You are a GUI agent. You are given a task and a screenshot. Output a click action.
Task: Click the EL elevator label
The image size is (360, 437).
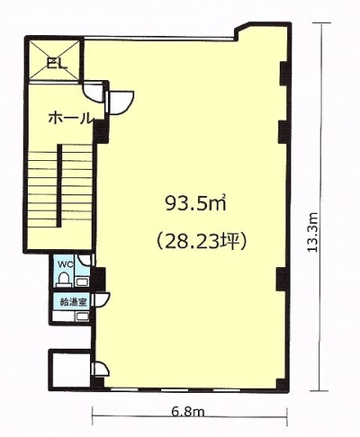pos(57,64)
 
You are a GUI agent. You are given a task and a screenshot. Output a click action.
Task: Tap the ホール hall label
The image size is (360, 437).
pos(69,118)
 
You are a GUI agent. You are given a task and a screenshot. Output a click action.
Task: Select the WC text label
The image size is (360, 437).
pos(65,264)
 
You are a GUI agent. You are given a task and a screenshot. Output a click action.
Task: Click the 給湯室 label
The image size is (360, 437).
pos(73,302)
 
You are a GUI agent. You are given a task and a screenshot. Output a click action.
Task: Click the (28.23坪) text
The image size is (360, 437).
pos(202,241)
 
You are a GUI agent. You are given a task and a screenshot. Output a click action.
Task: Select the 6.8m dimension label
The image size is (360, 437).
pos(188,413)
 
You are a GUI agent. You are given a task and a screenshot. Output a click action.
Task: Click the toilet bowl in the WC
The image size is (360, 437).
pos(63,280)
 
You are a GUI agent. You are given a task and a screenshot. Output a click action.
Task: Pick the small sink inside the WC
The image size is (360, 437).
pos(81,281)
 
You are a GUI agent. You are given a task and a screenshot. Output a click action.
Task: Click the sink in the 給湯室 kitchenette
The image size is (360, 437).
pos(81,316)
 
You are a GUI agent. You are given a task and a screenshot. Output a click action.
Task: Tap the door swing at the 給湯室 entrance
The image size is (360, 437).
pos(102,299)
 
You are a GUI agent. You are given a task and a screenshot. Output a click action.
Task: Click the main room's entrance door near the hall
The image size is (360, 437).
pos(121,103)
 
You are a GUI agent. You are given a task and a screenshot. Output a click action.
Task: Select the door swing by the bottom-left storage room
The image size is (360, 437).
pos(102,369)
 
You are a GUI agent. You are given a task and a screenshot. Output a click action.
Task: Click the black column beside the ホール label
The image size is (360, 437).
pos(102,132)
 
